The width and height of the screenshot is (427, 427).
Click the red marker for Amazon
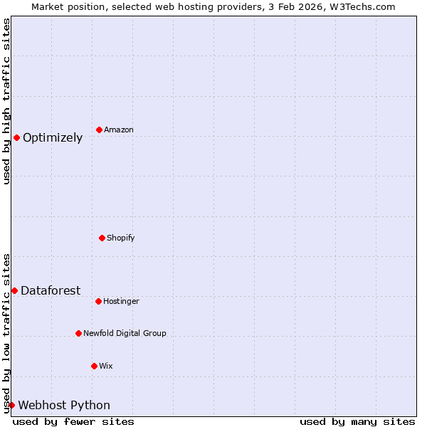point(99,130)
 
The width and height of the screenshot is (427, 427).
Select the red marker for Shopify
point(102,238)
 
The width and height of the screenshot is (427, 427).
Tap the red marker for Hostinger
point(98,301)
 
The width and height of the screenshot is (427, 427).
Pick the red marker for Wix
point(94,366)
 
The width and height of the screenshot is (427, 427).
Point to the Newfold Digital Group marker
point(78,333)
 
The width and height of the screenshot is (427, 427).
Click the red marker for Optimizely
point(16,137)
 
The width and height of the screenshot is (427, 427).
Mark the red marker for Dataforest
point(14,290)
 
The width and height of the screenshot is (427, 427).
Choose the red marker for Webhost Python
point(11,405)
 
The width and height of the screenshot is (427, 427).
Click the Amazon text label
point(119,130)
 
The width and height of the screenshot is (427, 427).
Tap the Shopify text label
point(121,238)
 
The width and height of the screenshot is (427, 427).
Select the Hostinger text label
point(122,301)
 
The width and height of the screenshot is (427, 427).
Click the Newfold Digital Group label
point(125,333)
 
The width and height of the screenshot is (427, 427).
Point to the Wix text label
point(106,366)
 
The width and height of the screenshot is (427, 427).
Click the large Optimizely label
point(53,138)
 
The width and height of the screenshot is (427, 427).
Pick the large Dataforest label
point(51,290)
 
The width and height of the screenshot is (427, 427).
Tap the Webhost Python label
point(64,406)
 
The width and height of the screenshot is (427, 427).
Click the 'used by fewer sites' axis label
point(73,421)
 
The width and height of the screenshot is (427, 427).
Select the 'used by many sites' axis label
point(357,421)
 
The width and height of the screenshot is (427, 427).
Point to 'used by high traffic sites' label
point(6,101)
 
